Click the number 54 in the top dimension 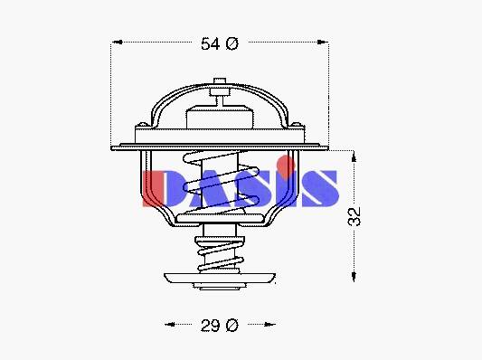coord(211,43)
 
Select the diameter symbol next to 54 coord(232,43)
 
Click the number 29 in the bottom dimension coord(211,326)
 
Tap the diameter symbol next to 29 coord(232,326)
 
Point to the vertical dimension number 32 coord(354,217)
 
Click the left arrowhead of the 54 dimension coord(118,42)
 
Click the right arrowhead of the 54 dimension coord(322,42)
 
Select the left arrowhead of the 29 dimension coord(170,324)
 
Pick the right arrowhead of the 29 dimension coord(269,324)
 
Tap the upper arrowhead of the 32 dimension coord(354,156)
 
